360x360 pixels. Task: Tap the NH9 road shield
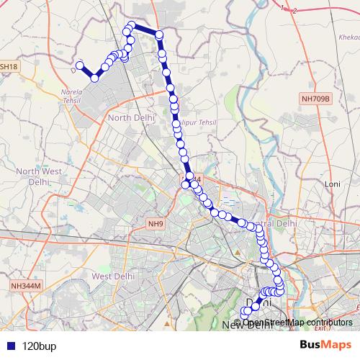[156, 224]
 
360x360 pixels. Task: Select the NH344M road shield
[27, 286]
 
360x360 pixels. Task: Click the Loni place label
[333, 184]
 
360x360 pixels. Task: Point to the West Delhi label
[110, 276]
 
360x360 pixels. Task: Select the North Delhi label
[130, 117]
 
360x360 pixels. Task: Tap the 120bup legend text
[39, 346]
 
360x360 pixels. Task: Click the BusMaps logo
[325, 345]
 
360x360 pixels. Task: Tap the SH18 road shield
[9, 66]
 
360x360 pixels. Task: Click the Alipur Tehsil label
[196, 123]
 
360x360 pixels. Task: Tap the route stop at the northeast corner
[160, 35]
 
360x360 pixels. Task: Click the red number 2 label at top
[294, 10]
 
